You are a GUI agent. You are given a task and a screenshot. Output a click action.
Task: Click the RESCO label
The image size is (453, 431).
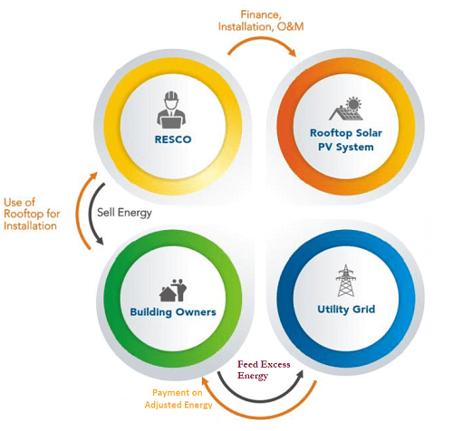173,139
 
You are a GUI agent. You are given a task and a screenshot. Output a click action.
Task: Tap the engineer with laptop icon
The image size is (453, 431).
171,110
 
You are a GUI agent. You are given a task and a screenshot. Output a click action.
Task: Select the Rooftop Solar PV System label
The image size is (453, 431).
346,140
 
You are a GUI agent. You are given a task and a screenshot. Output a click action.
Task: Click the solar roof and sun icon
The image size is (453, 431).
346,109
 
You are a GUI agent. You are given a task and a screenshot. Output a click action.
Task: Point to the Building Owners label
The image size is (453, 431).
173,311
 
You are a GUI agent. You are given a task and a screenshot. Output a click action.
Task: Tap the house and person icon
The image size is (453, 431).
173,290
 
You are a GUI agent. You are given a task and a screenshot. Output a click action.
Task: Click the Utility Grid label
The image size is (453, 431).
346,310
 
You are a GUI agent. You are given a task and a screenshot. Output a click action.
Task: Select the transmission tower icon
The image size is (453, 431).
346,281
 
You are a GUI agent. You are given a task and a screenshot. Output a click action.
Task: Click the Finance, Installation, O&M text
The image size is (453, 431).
261,21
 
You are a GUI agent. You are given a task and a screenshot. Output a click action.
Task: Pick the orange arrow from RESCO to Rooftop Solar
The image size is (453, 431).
262,39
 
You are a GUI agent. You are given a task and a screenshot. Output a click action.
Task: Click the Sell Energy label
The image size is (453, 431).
124,213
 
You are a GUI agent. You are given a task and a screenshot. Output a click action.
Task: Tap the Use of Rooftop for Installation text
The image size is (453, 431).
32,214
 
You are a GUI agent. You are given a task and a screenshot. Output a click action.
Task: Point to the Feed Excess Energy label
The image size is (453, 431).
264,369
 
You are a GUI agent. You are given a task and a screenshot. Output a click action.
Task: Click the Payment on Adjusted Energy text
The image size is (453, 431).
178,398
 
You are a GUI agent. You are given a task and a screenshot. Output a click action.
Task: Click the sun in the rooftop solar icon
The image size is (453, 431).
353,103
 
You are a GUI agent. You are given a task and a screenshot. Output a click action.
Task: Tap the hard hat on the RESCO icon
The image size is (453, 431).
171,96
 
